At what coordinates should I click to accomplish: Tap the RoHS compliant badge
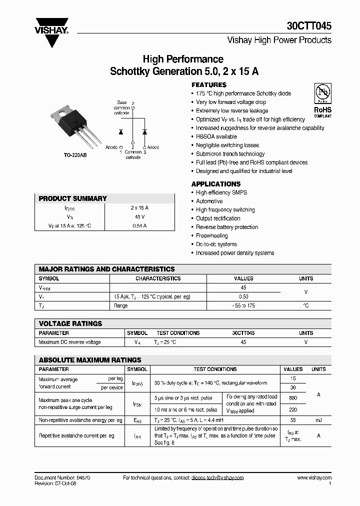coord(322,100)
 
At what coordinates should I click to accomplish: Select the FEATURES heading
coord(209,85)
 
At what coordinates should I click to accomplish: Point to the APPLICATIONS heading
coord(216,184)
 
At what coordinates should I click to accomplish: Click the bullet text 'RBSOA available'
coord(216,136)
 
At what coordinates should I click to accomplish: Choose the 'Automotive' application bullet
coord(209,201)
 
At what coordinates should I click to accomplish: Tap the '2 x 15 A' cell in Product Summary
coord(139,207)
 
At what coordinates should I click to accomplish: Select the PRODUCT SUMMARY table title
coord(73,198)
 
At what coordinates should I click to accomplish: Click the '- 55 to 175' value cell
coord(243,305)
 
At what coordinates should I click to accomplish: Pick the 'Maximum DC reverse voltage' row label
coord(69,342)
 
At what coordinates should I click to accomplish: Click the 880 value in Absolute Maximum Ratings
coord(293,398)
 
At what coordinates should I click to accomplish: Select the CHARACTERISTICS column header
coord(158,278)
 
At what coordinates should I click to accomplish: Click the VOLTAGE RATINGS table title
coord(70,323)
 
